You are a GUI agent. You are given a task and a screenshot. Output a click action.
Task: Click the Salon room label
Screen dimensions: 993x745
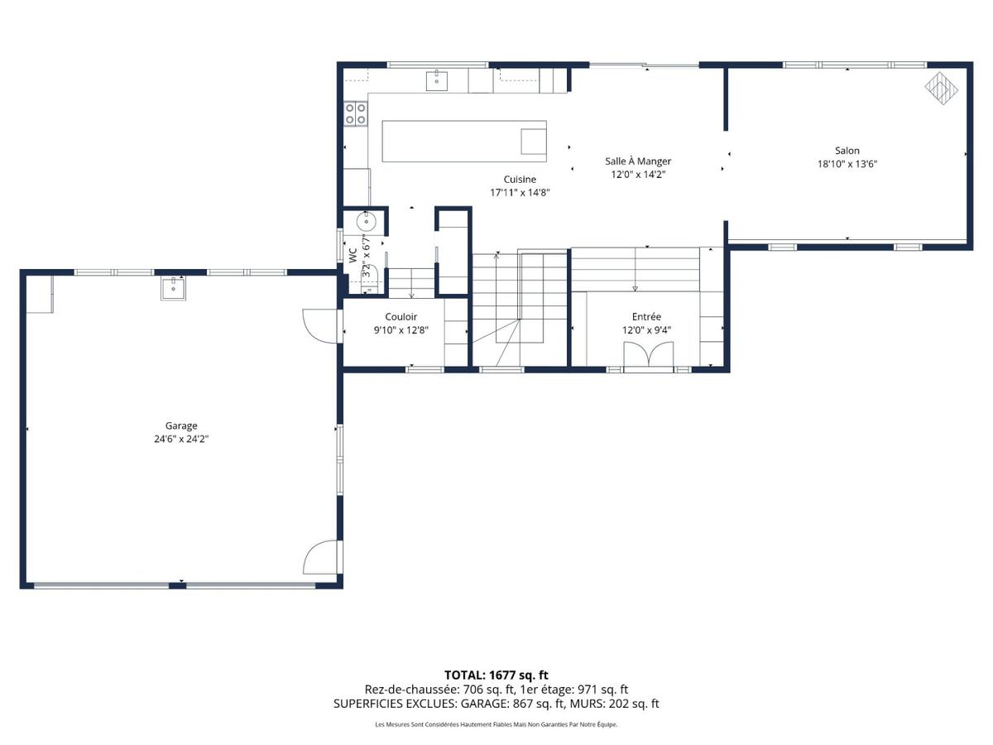(x=847, y=151)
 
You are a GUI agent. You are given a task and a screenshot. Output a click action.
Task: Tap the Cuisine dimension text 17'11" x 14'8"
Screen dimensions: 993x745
(x=520, y=193)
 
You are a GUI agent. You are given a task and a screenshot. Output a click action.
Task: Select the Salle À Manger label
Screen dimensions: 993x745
(x=638, y=161)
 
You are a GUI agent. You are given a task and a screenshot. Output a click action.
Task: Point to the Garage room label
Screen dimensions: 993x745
(x=181, y=425)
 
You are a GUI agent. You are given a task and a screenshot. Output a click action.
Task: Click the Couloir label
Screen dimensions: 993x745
(x=401, y=317)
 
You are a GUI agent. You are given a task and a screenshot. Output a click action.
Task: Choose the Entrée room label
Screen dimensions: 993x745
(x=646, y=317)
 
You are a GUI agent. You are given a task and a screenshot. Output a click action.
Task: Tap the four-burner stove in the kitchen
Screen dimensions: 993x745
(x=355, y=113)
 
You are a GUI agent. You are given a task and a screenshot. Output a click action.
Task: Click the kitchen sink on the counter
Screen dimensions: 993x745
(x=437, y=80)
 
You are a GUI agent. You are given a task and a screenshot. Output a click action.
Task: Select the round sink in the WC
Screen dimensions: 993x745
(x=366, y=222)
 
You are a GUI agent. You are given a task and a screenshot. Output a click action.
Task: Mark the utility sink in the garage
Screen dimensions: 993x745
(x=173, y=288)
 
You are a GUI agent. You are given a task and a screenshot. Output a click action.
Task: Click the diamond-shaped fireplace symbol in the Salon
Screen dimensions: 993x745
(x=941, y=89)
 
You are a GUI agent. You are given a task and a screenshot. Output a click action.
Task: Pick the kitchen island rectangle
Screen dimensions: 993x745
(x=464, y=141)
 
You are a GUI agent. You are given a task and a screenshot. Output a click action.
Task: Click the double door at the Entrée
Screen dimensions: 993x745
(x=648, y=353)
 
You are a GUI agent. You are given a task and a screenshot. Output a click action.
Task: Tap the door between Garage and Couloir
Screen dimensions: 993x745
(x=321, y=325)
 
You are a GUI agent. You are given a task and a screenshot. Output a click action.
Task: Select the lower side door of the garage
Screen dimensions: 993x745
(x=320, y=557)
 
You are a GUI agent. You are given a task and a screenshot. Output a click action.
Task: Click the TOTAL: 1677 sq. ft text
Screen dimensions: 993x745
(x=496, y=675)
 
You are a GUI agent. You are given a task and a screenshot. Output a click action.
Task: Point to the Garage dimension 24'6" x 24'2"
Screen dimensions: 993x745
(x=181, y=439)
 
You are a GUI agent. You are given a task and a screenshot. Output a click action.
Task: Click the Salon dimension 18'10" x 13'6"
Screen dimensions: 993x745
(x=847, y=164)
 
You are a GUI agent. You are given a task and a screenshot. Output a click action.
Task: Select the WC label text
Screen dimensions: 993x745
(x=353, y=255)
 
